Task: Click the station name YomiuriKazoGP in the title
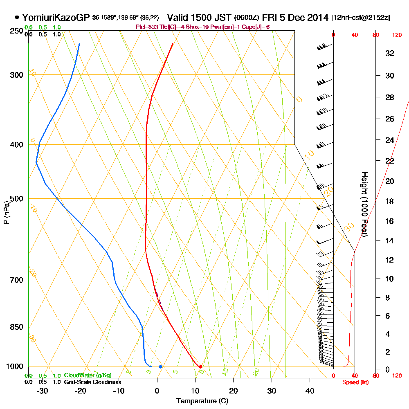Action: (56, 18)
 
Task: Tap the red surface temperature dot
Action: (200, 366)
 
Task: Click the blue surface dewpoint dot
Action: (161, 366)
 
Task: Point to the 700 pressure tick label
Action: (16, 280)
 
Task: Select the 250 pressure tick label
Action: (16, 31)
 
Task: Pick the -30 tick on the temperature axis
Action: (43, 391)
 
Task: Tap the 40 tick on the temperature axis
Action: (310, 391)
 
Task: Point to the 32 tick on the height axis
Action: (390, 53)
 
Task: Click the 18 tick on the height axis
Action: (390, 201)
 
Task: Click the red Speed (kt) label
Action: (355, 382)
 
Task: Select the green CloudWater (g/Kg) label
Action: (88, 375)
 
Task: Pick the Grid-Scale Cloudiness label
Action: (92, 382)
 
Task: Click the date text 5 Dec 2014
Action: (304, 18)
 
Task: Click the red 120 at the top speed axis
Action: (397, 35)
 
